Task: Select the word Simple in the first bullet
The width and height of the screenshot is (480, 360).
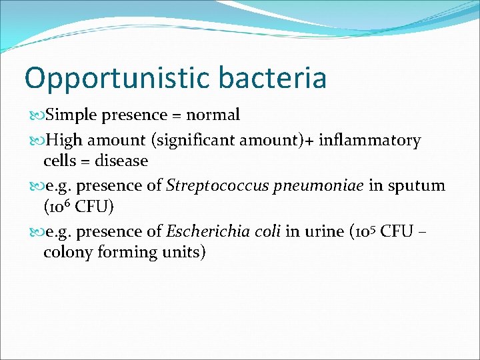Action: click(x=66, y=115)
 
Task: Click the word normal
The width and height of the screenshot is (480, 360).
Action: click(x=213, y=115)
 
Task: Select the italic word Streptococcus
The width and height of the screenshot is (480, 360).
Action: click(x=211, y=185)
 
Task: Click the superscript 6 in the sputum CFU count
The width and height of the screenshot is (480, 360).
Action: click(x=69, y=203)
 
